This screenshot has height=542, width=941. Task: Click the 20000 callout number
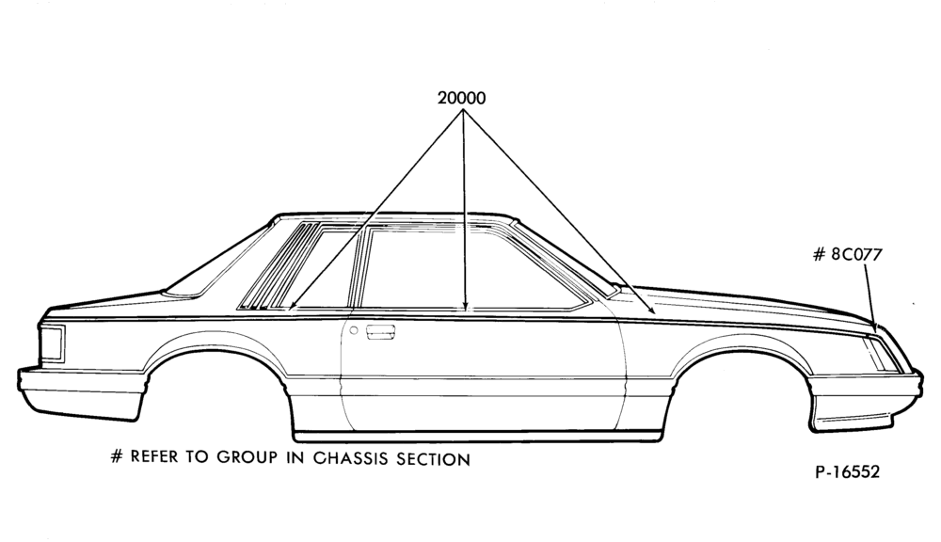[x=461, y=98]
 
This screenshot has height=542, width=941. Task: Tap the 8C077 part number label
[x=856, y=254]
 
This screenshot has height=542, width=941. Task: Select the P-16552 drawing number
[x=848, y=471]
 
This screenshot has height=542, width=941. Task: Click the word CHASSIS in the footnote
[x=351, y=458]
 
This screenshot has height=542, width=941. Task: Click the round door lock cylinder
[x=354, y=330]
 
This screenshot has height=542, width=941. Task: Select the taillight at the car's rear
[x=52, y=343]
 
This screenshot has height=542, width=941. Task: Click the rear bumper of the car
[x=81, y=393]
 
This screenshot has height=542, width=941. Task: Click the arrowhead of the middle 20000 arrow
[x=465, y=307]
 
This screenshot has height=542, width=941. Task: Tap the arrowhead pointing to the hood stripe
[x=651, y=310]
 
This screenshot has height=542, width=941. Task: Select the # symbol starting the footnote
[x=117, y=456]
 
